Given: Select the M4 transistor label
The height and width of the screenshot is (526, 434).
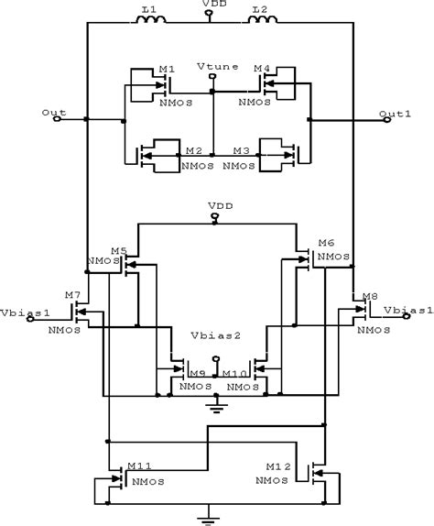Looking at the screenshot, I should [x=262, y=68].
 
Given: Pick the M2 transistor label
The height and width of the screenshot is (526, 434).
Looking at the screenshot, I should [x=193, y=150].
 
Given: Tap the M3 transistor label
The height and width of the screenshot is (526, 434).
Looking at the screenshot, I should [x=241, y=150].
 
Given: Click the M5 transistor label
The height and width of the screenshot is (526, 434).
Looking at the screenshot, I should [x=118, y=250].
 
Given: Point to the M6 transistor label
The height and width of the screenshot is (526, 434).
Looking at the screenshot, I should [x=325, y=242].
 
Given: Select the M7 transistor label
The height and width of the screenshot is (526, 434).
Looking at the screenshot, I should [x=72, y=295].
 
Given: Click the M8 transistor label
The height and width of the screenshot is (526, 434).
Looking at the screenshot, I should [x=369, y=295].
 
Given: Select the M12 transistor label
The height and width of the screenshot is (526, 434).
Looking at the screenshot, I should [x=281, y=466].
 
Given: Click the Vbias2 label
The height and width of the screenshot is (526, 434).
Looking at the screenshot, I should [x=215, y=335].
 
